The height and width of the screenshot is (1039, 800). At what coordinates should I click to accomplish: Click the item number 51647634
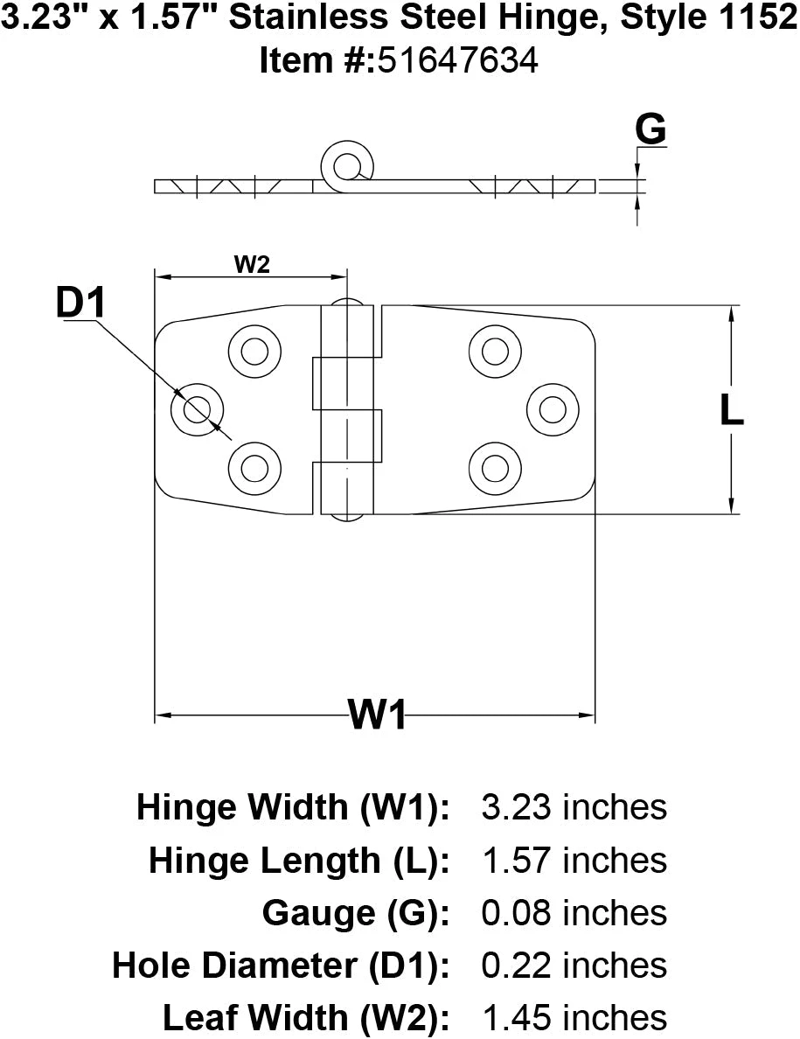coord(457,60)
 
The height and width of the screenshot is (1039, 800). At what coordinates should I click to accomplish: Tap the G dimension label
coord(650,129)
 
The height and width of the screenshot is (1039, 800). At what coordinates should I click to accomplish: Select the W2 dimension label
coord(252,264)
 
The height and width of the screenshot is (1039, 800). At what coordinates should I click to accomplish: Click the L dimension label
coord(731,409)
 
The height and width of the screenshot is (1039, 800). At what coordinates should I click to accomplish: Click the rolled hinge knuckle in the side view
coord(348,164)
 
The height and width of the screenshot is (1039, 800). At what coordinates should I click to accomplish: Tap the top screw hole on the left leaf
coord(254,352)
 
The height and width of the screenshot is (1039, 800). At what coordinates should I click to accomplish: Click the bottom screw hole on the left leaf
coord(254,467)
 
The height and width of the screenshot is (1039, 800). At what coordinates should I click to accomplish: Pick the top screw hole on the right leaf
coord(495,352)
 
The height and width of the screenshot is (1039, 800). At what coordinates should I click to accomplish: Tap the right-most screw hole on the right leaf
coord(553,408)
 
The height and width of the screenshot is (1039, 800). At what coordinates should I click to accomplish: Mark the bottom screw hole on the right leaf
coord(495,467)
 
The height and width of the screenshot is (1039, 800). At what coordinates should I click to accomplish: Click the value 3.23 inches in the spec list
coord(574,807)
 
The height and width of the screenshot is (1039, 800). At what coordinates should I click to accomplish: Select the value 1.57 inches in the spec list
coord(574,861)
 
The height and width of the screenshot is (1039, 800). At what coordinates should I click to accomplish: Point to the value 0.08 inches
coord(574,913)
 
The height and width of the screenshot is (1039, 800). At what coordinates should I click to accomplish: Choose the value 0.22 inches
coord(574,966)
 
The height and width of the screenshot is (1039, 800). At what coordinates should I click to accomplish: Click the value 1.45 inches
coord(574,1018)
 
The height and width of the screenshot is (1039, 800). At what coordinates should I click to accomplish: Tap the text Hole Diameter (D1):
coord(281,966)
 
